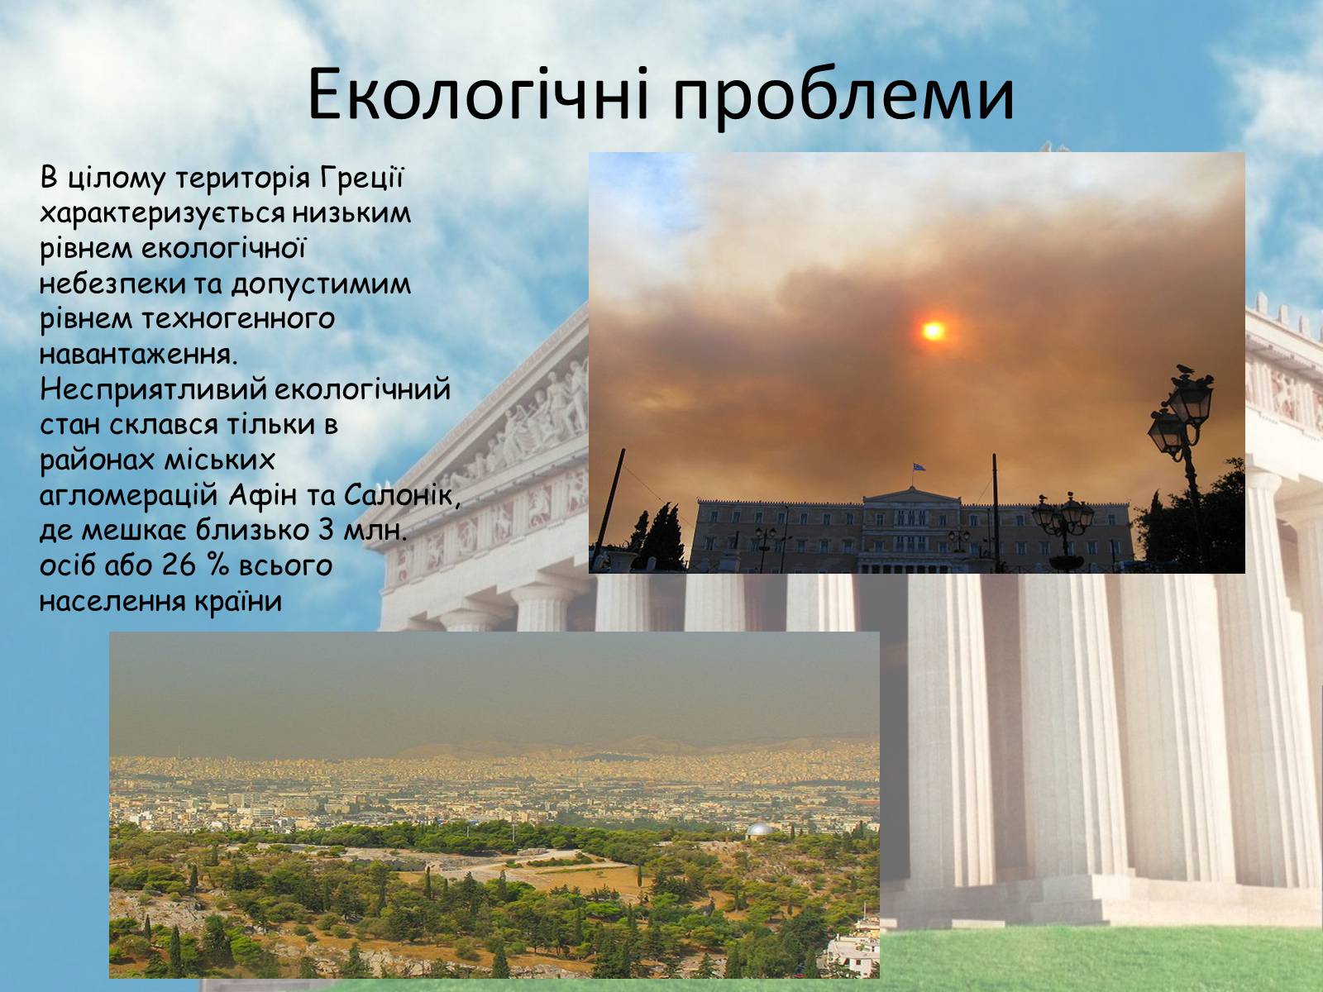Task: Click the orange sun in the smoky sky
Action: point(933,330)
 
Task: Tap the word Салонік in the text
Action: point(400,496)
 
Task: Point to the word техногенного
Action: point(238,319)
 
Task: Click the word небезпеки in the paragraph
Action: point(112,284)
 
